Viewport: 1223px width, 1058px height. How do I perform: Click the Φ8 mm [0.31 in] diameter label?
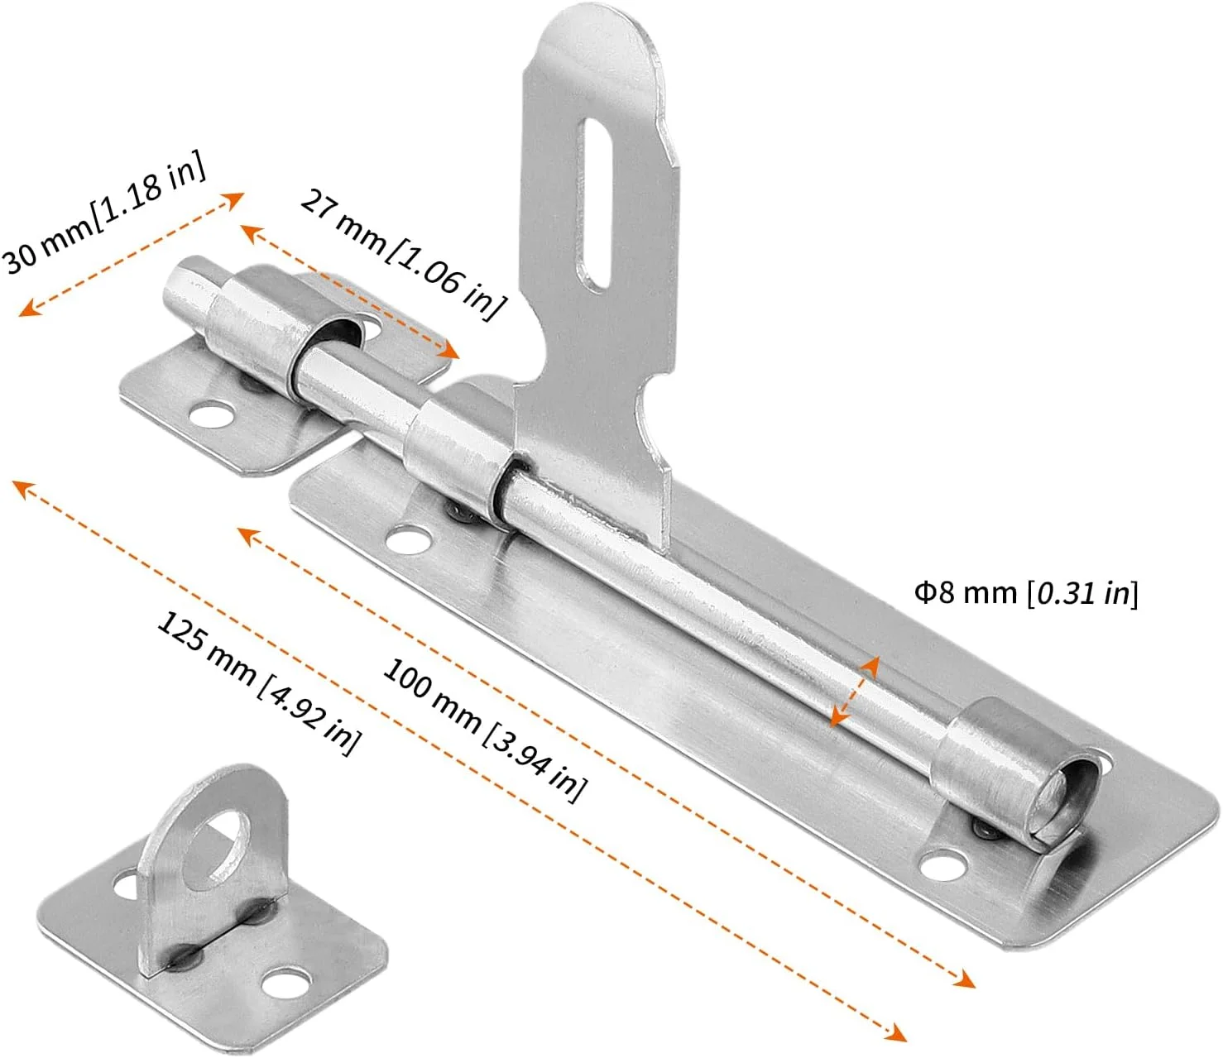(1026, 592)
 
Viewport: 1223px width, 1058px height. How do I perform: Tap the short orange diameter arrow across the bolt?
(854, 690)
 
